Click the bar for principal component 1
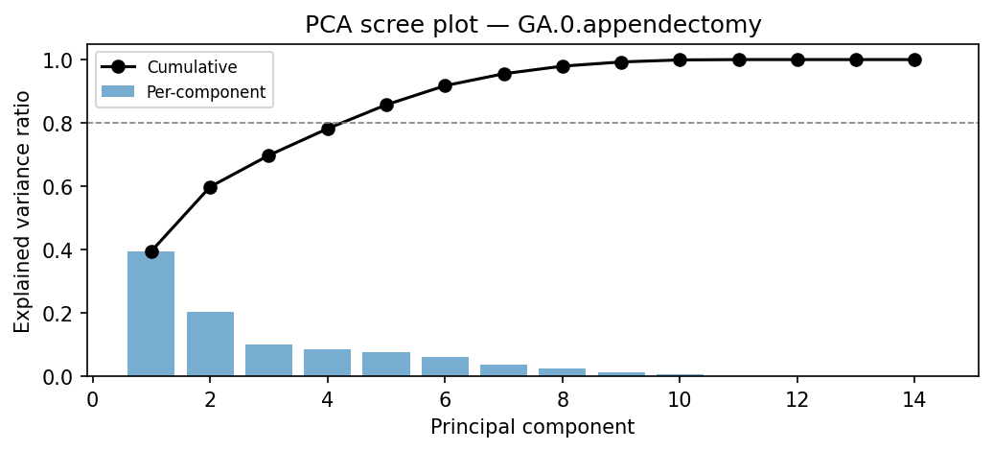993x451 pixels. [x=151, y=314]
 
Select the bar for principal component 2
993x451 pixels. [x=210, y=344]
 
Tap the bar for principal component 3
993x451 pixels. [x=268, y=360]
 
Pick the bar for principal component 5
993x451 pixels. [x=386, y=364]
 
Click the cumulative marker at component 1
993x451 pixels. [x=151, y=251]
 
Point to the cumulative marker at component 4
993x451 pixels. [x=328, y=129]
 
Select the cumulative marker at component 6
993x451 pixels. [x=445, y=85]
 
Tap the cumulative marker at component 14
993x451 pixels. [x=914, y=59]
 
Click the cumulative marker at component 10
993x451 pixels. [x=680, y=59]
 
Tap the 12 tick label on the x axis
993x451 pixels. [x=797, y=400]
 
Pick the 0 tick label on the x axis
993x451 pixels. [x=93, y=400]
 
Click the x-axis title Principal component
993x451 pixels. [x=532, y=427]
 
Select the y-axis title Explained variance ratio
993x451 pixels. [x=22, y=211]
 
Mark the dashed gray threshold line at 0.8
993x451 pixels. [x=575, y=123]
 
